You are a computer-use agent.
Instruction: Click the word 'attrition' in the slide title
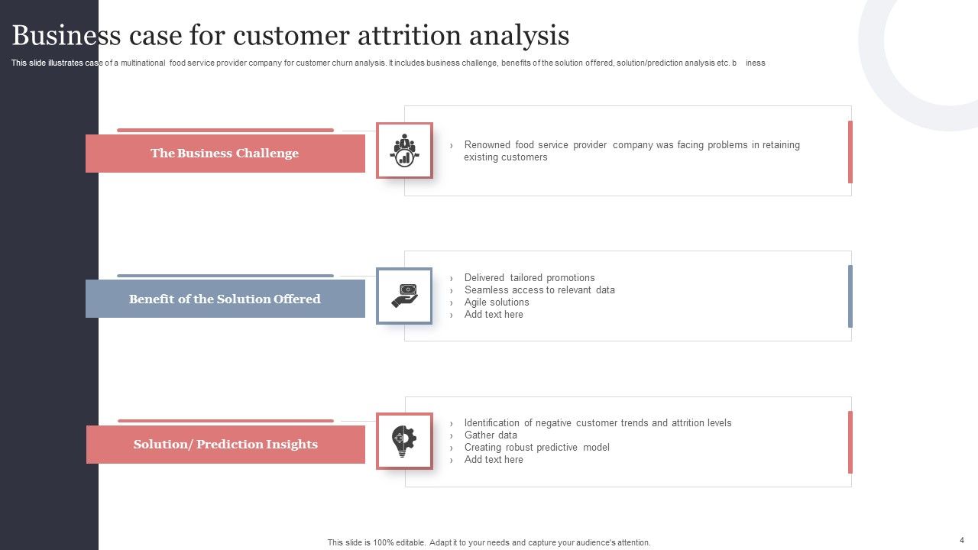(405, 36)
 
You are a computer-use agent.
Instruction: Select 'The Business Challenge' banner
(225, 154)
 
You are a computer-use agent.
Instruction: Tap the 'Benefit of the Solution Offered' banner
(225, 299)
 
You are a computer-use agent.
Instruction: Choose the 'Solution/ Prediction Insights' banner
(225, 445)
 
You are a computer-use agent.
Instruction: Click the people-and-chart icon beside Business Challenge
(404, 150)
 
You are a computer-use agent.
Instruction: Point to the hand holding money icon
(404, 296)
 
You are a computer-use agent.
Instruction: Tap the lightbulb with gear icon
(404, 441)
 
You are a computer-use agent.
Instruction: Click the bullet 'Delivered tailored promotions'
(529, 278)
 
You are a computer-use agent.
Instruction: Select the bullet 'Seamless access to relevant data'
(539, 290)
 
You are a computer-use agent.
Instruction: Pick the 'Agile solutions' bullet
(496, 302)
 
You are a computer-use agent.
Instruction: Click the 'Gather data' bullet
(491, 435)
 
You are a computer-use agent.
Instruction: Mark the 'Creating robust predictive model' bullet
(536, 448)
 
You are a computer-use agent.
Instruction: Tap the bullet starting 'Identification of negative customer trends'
(597, 423)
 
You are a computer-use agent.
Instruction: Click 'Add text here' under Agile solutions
(494, 315)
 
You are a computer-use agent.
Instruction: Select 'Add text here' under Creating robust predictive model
(494, 460)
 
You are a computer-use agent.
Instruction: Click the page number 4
(962, 540)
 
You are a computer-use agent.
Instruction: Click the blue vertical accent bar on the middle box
(850, 296)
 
